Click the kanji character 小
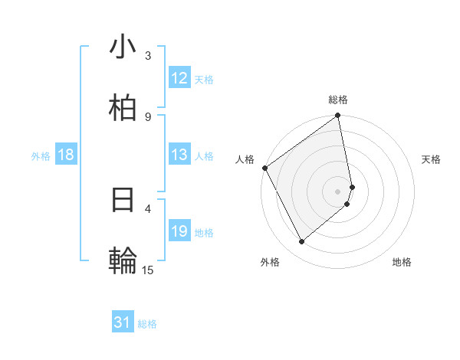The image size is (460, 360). [123, 47]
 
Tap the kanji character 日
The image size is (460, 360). [123, 200]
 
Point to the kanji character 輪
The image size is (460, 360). [123, 261]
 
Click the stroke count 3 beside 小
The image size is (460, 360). [148, 55]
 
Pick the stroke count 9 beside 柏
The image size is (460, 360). [148, 116]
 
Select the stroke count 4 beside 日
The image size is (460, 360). [148, 208]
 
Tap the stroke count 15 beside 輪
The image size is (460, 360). [148, 270]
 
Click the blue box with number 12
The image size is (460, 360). [179, 78]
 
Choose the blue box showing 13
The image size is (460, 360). [179, 155]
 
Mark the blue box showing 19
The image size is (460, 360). [179, 231]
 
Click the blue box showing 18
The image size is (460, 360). [66, 155]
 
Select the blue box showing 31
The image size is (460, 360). [123, 322]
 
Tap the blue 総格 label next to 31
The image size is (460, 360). [147, 324]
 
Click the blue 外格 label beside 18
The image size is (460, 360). [41, 156]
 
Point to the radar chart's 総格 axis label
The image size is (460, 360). [338, 100]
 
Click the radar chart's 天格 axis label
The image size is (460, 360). [431, 159]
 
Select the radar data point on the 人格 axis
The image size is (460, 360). [264, 168]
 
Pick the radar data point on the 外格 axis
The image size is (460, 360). [301, 242]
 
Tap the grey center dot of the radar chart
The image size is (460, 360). [338, 191]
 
